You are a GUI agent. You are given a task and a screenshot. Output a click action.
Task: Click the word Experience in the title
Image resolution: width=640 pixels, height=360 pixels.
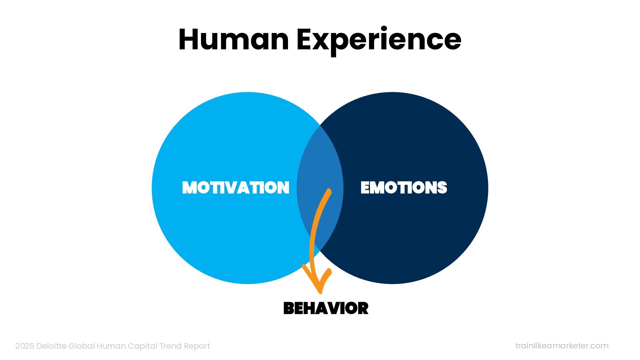tap(379, 40)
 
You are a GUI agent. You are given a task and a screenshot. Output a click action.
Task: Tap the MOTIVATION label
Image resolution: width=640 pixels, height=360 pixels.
tap(236, 187)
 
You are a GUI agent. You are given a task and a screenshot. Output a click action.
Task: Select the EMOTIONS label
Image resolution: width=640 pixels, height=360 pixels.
tap(404, 187)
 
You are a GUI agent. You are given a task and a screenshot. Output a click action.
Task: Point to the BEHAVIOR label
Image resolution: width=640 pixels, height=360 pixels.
tap(326, 308)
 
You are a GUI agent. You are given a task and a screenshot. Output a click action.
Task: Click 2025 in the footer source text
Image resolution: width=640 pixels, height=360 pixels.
tap(25, 346)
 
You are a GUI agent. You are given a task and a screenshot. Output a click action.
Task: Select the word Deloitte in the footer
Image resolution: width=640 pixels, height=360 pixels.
tap(51, 346)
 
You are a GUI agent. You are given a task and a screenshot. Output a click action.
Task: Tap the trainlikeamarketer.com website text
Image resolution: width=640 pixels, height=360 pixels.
tap(562, 346)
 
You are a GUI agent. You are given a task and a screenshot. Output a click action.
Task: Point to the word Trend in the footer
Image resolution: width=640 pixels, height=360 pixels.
tap(170, 346)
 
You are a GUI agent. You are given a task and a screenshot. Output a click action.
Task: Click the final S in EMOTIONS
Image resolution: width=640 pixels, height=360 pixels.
tap(442, 187)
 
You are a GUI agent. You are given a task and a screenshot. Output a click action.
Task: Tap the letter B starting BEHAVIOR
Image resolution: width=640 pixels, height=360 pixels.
tap(288, 308)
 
